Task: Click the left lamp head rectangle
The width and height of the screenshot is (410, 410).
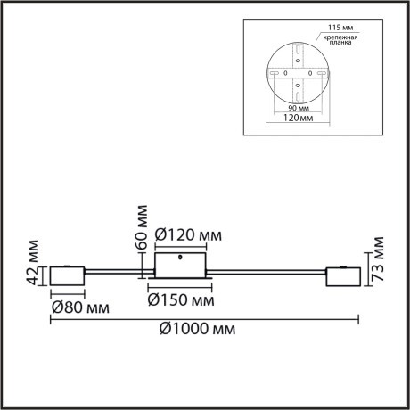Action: pyautogui.click(x=68, y=277)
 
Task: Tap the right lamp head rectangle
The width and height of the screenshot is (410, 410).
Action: pyautogui.click(x=343, y=277)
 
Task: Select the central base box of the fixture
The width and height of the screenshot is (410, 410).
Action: pyautogui.click(x=181, y=266)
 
